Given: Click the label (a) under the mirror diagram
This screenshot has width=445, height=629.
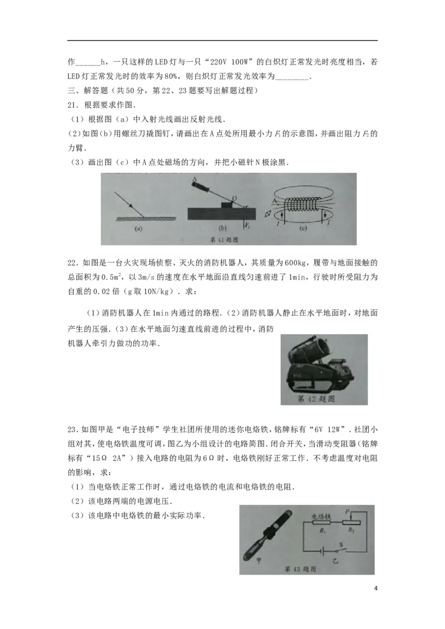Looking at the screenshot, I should coord(137,228).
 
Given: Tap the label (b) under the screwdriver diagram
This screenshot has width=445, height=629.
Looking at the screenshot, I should coord(222,228).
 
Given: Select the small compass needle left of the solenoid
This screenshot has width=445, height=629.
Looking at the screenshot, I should coord(270,213).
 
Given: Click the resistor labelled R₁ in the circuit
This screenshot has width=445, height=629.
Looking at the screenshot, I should coord(322,523).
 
